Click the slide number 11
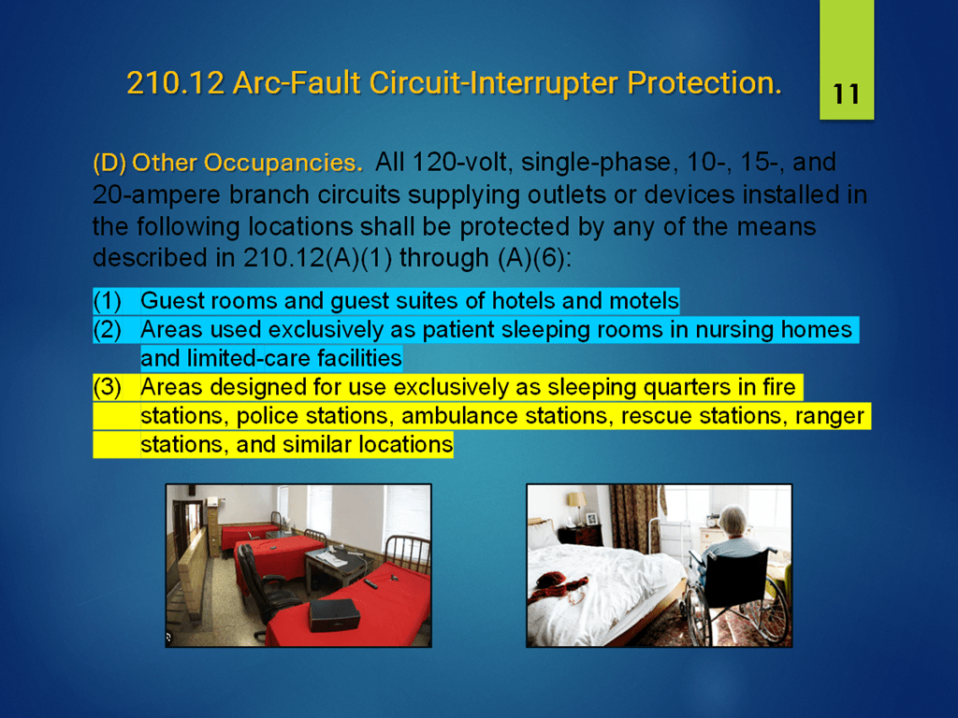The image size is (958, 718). pos(846,94)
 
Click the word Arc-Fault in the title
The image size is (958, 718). pos(297,83)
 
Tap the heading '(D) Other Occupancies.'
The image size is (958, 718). pos(227,163)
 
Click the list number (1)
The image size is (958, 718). pos(107,301)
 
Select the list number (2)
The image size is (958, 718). pos(107,330)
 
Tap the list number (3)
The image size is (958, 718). pos(107,387)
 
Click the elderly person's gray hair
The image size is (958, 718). pos(733,520)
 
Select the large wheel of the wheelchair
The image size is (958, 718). pos(697,610)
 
